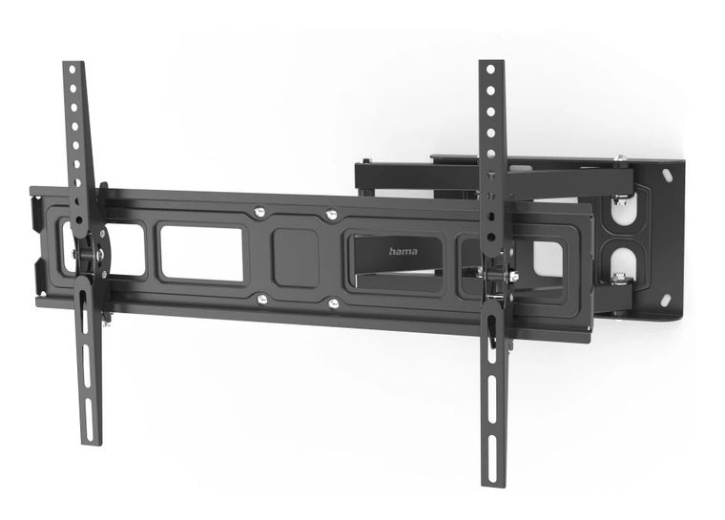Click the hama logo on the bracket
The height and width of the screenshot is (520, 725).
404,252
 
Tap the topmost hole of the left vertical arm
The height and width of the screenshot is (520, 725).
72,73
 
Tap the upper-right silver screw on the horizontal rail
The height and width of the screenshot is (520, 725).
330,214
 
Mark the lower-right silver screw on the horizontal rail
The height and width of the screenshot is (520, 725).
333,303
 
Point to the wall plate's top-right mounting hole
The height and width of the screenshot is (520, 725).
666,176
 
